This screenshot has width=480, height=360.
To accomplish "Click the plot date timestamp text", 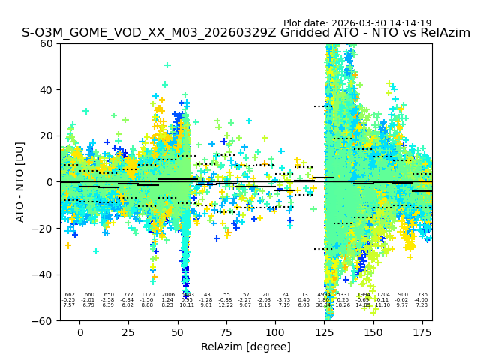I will coord(357,23).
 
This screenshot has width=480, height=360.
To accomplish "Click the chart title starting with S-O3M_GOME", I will coord(246,34).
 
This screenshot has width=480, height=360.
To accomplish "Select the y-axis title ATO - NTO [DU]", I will coord(20,182).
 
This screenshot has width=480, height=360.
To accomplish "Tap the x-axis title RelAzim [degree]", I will coord(246,347).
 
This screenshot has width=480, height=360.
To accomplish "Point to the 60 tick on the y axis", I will coord(47,43).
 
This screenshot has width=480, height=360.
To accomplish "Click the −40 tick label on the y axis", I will coord(43,274).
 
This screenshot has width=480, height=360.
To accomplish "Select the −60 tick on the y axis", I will coord(43,320).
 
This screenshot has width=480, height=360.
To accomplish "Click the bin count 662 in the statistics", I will coord(70,295).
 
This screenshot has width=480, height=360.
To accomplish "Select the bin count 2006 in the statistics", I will coord(167,295).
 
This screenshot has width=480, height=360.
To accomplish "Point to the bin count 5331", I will coord(343,295).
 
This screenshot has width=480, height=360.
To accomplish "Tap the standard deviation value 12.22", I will coord(226,305).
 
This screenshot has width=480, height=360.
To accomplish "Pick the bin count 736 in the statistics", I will coord(422,295).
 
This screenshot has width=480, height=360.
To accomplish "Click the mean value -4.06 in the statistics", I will coord(422,300).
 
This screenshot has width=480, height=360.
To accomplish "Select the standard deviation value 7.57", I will coord(69,305).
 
